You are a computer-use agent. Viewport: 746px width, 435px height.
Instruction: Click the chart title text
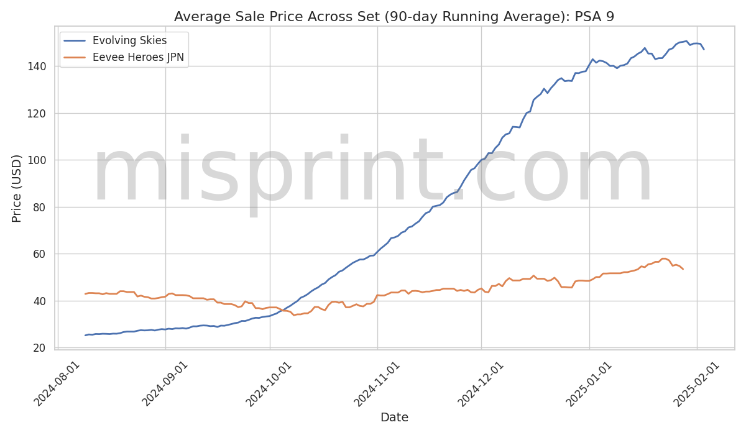coord(394,17)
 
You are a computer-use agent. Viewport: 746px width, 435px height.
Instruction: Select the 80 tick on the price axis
coord(40,208)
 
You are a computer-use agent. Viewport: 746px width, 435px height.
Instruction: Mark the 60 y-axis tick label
coord(40,254)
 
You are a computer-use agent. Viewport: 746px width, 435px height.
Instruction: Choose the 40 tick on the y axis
coord(40,301)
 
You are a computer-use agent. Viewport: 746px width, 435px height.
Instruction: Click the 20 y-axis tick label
coord(40,348)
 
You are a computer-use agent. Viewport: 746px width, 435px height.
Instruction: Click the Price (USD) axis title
coord(17,188)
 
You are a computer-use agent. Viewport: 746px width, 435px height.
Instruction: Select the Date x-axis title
coord(394,418)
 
